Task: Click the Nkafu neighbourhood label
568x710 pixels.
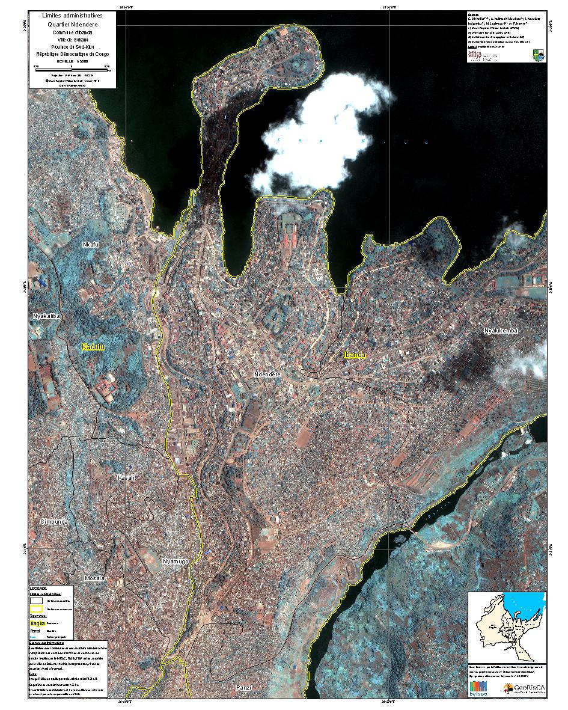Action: point(91,245)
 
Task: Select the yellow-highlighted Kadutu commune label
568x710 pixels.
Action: point(93,347)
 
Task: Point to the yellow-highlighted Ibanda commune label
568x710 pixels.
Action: point(355,355)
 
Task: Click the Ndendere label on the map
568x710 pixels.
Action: point(268,375)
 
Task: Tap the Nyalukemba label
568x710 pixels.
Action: point(501,331)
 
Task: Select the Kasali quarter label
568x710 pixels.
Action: point(127,477)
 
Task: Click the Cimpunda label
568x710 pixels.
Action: point(54,521)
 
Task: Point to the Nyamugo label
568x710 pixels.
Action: point(176,562)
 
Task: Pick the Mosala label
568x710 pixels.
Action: point(94,578)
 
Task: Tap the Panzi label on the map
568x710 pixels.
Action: point(243,687)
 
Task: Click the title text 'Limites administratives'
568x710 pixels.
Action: point(72,14)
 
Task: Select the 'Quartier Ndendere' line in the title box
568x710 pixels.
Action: point(72,23)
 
